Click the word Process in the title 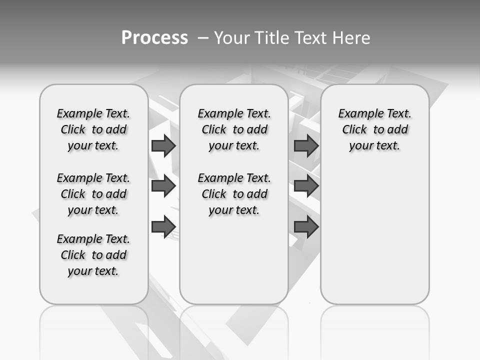point(154,38)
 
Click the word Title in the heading point(272,38)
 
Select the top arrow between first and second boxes point(163,145)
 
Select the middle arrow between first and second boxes point(163,186)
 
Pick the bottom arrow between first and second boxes point(163,226)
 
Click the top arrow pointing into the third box point(306,145)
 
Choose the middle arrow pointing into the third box point(306,186)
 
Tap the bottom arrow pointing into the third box point(306,226)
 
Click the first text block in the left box point(93,129)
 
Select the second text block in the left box point(93,194)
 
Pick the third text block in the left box point(93,255)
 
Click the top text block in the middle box point(234,129)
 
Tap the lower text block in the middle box point(234,194)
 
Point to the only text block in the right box point(374,129)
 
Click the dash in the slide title point(203,38)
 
